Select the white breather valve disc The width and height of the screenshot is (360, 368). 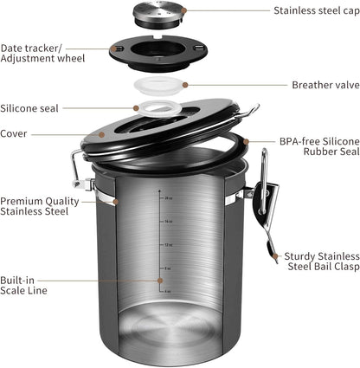164,87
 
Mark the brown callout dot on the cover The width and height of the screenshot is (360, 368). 103,134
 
